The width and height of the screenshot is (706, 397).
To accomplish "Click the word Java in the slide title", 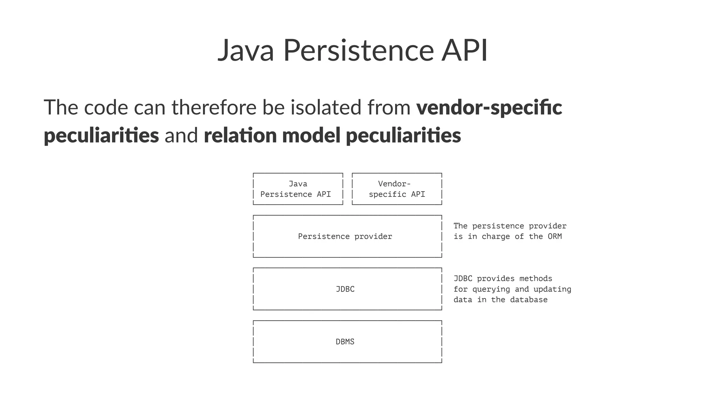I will pos(246,50).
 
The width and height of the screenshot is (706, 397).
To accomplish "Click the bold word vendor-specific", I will pos(489,107).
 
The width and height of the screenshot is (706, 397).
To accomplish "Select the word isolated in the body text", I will pos(326,107).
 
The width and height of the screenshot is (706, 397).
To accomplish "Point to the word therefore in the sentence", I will pos(214,107).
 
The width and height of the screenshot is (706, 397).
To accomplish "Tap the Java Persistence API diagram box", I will pos(298,189).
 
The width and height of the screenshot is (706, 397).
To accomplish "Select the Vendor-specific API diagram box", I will pos(397,189).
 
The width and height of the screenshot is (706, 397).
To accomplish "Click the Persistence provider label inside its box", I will pos(345,236).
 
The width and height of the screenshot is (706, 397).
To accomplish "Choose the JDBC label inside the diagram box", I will pos(345,289).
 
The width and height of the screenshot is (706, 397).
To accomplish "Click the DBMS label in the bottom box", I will pos(345,342).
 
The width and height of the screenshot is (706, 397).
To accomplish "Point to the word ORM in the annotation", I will pos(555,236).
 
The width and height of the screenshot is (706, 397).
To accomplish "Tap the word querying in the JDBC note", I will pos(491,289).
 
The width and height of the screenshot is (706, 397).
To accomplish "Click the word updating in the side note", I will pos(552,289).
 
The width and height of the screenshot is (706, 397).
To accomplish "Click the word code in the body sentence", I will pos(106,107).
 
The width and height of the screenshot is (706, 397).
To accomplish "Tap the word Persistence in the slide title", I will pos(358,50).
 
